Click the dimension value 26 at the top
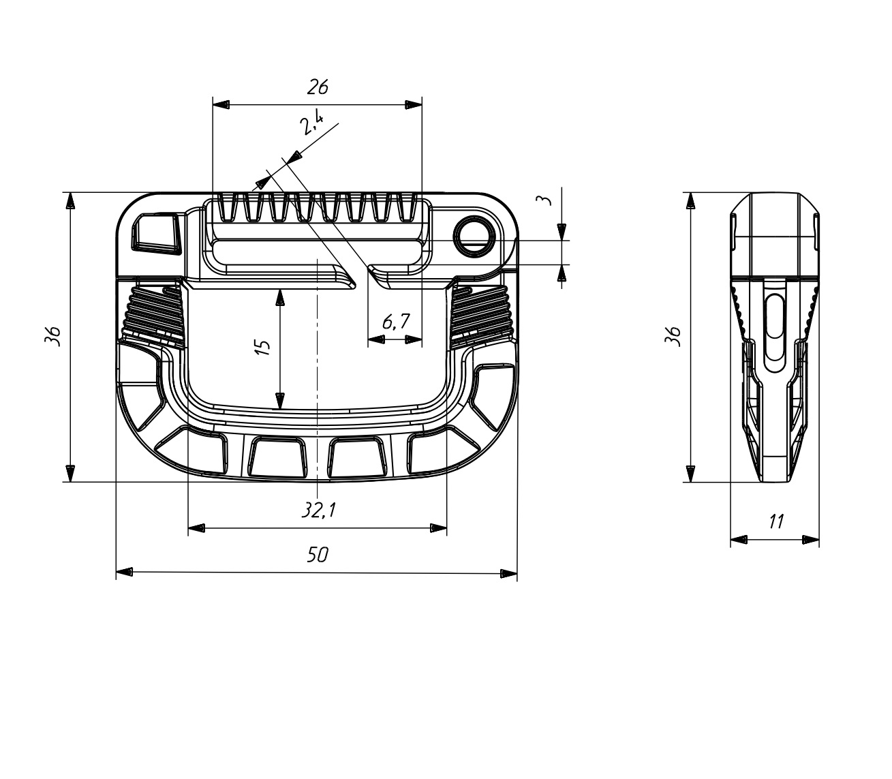point(318,87)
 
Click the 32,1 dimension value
point(319,510)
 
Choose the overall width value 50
point(317,555)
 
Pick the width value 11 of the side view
point(775,522)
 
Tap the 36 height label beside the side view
point(673,337)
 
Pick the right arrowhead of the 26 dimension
point(414,105)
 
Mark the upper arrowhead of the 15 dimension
point(279,298)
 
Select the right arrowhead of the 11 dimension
point(811,540)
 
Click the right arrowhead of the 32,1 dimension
point(439,528)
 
